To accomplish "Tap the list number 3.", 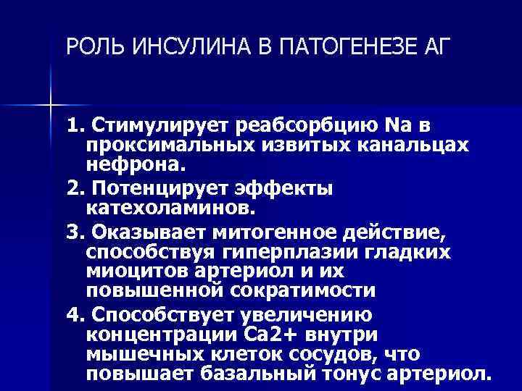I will pyautogui.click(x=73, y=233).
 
